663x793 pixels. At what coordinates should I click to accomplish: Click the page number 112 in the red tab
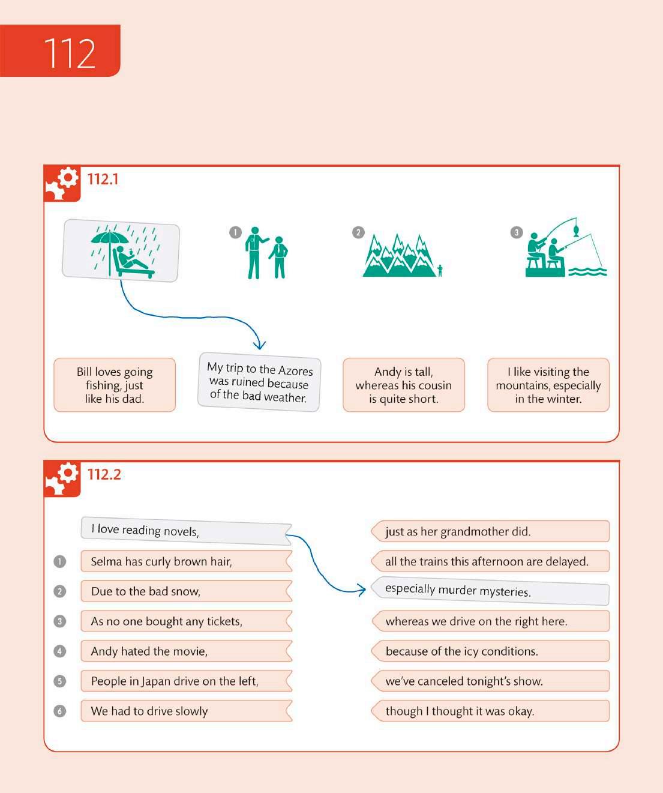(69, 53)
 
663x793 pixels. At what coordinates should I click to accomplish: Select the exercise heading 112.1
(103, 179)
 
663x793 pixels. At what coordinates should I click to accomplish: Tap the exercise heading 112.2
(104, 474)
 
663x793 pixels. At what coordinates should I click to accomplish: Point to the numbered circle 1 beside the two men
(235, 232)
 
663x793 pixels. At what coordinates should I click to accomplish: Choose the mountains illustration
(400, 256)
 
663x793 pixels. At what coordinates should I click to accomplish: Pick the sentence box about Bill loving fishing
(115, 385)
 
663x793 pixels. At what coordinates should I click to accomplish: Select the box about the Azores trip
(259, 382)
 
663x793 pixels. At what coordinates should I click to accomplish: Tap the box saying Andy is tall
(404, 385)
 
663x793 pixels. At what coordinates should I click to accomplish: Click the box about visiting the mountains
(548, 385)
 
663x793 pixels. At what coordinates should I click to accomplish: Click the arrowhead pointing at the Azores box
(259, 345)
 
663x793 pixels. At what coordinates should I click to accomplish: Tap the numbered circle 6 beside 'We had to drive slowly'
(60, 711)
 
